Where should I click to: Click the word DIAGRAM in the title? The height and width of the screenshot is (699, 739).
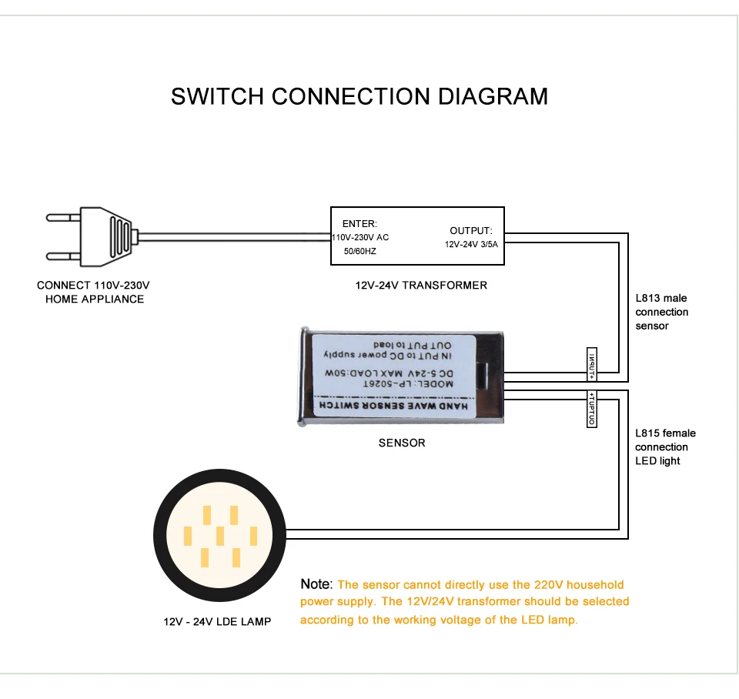tap(493, 96)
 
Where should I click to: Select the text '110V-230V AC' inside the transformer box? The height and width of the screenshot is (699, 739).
tap(360, 238)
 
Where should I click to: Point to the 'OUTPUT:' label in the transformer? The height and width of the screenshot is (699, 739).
tap(470, 230)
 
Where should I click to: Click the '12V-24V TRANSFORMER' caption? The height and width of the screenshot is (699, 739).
tap(421, 285)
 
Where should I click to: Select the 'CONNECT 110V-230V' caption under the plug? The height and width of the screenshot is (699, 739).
tap(94, 285)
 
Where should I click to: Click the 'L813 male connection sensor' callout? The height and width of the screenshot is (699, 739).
tap(661, 312)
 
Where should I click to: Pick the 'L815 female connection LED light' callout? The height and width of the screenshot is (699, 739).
tap(665, 447)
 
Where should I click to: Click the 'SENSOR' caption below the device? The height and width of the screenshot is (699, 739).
tap(401, 443)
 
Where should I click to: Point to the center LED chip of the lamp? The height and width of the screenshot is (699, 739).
tap(220, 535)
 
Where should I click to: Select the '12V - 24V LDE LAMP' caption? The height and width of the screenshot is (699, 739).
tap(217, 620)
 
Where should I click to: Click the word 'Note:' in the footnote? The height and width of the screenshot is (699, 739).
tap(316, 585)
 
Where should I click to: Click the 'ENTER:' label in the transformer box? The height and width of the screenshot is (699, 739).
tap(359, 223)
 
